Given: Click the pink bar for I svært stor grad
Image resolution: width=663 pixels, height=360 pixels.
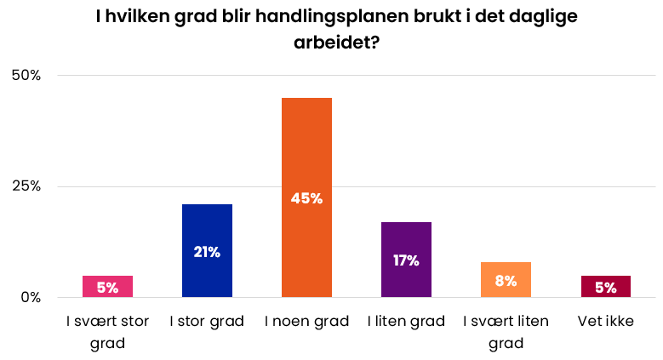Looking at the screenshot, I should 107,287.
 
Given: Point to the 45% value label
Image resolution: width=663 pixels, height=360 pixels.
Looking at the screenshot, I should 306,198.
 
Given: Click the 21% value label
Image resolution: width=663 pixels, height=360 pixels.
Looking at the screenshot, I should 207,252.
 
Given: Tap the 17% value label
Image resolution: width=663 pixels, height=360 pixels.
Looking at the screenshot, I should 406,260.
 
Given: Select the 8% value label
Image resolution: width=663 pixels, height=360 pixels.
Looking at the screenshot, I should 506,281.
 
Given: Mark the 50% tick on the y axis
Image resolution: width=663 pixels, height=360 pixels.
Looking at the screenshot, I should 25,75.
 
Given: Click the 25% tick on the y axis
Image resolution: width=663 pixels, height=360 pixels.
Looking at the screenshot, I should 25,186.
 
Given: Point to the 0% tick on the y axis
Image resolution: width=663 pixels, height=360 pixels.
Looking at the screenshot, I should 30,298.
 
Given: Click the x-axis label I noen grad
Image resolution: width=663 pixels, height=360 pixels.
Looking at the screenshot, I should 306,322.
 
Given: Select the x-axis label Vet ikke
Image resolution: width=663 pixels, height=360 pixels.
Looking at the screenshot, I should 605,322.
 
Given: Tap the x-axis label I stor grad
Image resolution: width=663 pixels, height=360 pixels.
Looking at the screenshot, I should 207,322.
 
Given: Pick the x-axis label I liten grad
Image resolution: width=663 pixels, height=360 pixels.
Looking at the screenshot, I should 406,322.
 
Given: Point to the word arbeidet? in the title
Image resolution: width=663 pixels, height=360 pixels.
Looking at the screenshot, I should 331,43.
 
